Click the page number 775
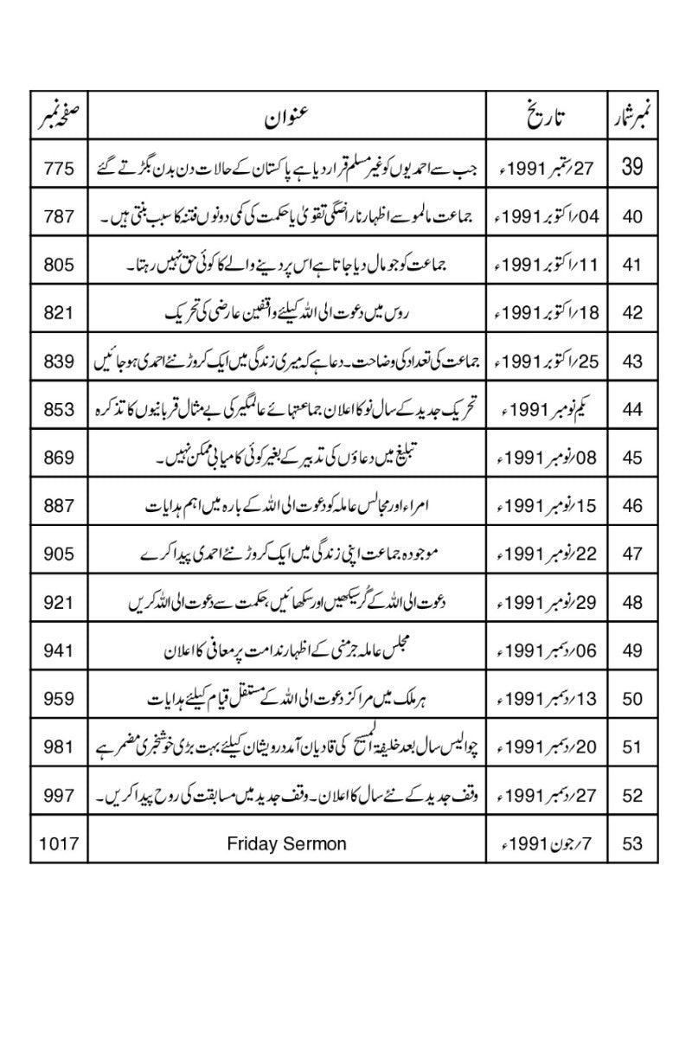pos(59,168)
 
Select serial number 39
pos(632,168)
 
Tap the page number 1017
pos(59,843)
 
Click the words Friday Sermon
pos(287,843)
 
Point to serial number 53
pos(632,843)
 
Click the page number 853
pos(59,409)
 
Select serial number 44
pos(632,409)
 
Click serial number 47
pos(632,554)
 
